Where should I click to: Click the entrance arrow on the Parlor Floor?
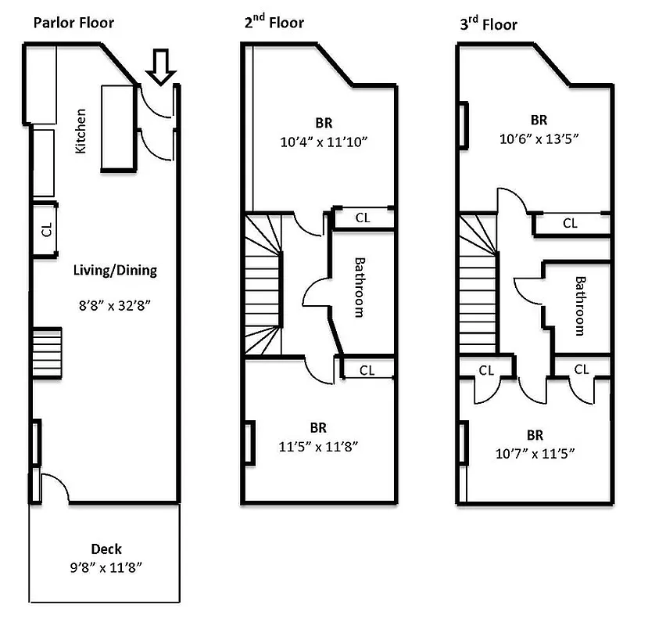(162, 66)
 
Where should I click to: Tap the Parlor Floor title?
(73, 22)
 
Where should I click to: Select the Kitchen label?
(81, 131)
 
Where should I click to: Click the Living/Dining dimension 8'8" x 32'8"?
(114, 304)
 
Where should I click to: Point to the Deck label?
(106, 549)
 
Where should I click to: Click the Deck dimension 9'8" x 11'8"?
(106, 567)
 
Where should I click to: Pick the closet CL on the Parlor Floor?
(45, 229)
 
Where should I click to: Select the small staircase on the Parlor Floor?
(46, 345)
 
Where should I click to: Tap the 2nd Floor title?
(273, 22)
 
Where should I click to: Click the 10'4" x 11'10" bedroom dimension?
(324, 142)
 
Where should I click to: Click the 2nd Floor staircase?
(263, 286)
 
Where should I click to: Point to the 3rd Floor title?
(488, 23)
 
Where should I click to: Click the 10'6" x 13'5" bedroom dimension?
(539, 139)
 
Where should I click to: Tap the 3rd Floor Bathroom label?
(580, 305)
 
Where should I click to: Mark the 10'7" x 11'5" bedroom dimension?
(535, 453)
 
